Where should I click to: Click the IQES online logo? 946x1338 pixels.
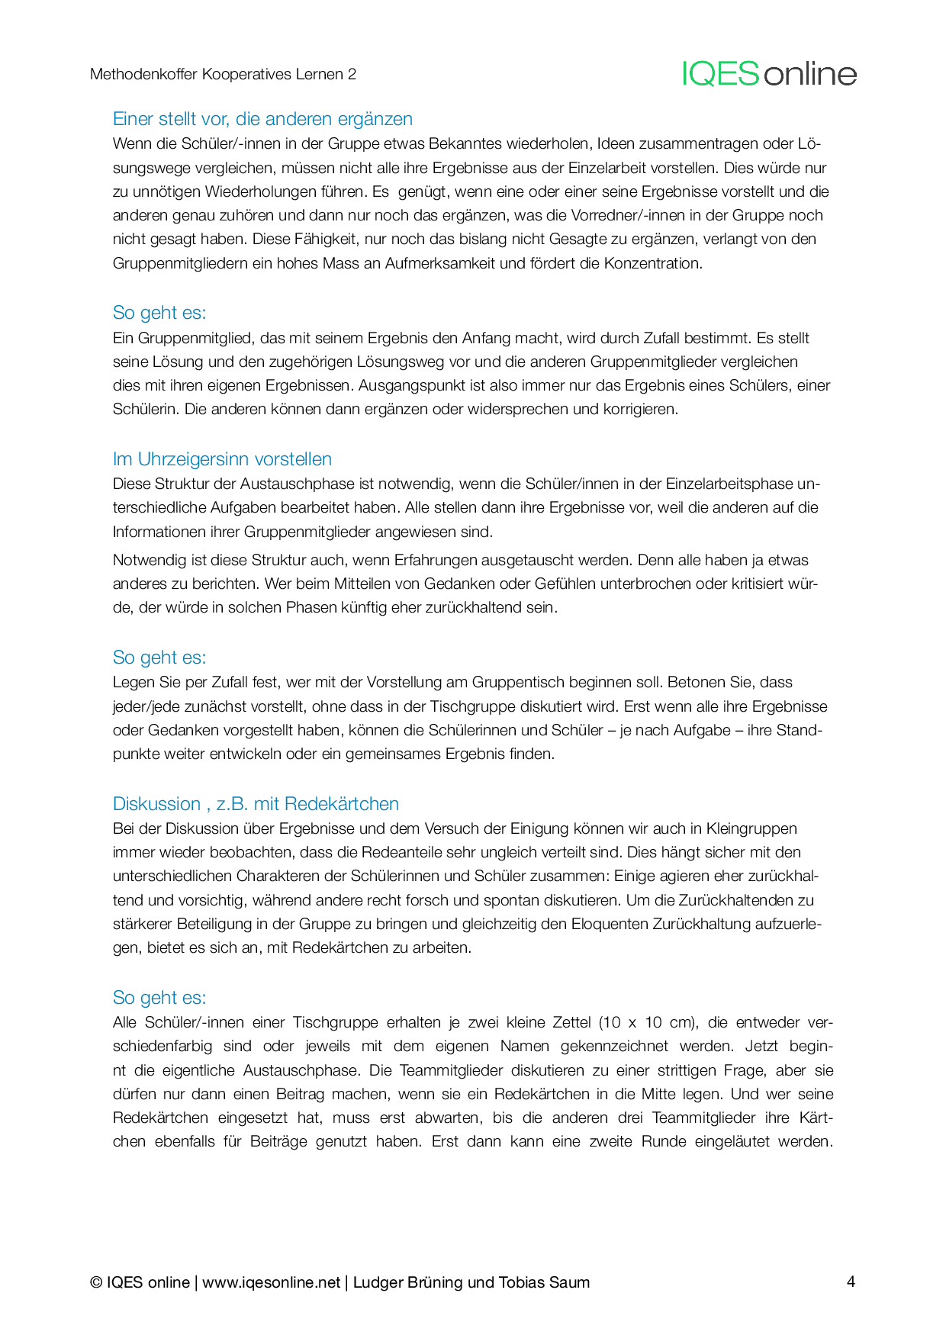[x=769, y=74]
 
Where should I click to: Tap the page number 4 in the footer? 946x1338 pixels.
[x=851, y=1281]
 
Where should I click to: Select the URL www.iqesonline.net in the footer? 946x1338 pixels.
[x=271, y=1282]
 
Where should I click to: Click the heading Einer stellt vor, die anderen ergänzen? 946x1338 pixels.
[x=262, y=119]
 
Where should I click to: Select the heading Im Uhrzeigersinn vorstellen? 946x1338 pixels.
[x=222, y=459]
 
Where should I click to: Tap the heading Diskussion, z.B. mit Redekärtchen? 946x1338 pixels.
[x=256, y=804]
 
